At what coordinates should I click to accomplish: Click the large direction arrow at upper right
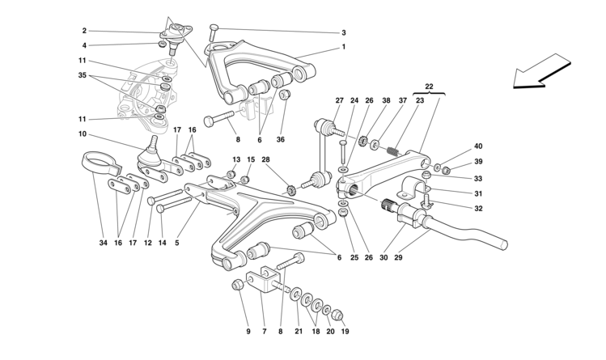[541, 72]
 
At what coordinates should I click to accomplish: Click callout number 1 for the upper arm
[344, 47]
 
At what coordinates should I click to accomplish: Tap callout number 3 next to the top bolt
[344, 33]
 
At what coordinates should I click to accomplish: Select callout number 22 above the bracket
[429, 87]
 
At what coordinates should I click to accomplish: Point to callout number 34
[103, 243]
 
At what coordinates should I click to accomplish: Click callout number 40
[478, 146]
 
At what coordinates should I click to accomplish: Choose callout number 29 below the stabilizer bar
[398, 257]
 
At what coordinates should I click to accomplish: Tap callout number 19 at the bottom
[345, 332]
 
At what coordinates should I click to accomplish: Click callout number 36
[280, 139]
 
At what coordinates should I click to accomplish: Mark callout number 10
[83, 134]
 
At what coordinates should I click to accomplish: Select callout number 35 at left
[83, 75]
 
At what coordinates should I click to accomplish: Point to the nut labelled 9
[237, 286]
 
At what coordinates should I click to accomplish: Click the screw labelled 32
[427, 201]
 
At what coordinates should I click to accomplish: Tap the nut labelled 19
[337, 315]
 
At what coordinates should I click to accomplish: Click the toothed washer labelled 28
[291, 190]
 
